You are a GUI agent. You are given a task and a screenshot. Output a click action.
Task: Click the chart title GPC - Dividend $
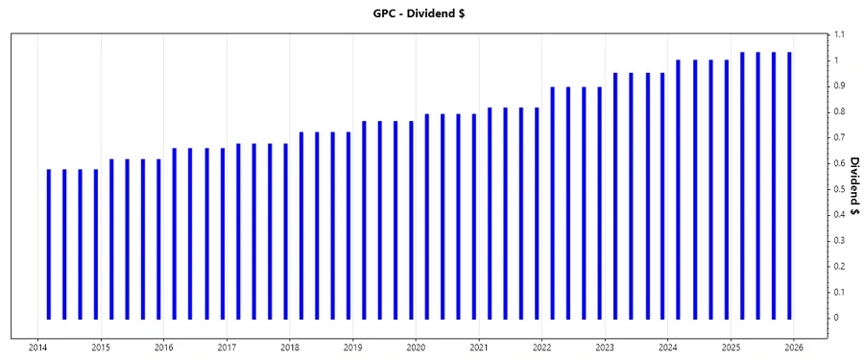tap(432, 13)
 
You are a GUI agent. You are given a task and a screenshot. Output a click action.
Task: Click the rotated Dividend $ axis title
tap(853, 189)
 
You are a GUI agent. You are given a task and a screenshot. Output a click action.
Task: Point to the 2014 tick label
tap(37, 347)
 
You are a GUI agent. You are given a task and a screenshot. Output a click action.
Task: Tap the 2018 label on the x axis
tap(290, 347)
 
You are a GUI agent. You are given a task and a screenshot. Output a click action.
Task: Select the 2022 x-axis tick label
tap(542, 347)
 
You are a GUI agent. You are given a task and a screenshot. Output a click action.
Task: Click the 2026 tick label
tap(795, 347)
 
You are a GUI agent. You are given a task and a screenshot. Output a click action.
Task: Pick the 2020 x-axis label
tap(417, 347)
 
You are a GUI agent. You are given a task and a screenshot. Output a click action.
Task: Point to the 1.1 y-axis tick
tap(839, 35)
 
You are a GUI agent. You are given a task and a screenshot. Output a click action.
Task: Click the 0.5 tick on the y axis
tap(839, 189)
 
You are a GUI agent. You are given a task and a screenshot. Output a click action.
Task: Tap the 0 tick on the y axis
tap(836, 318)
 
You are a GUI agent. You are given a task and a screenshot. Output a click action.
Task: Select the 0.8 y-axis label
tap(839, 112)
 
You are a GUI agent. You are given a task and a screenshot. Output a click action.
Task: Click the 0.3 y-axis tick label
tap(839, 240)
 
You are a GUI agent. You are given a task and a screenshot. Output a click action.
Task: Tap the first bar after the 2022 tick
tap(553, 203)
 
